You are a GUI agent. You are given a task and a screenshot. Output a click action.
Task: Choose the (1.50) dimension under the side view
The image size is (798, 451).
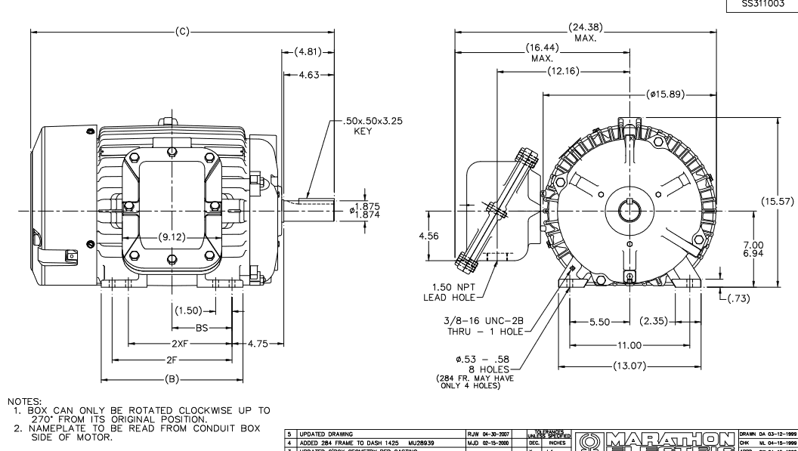(187, 310)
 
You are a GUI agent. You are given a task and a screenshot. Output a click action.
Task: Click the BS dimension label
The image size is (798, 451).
(201, 329)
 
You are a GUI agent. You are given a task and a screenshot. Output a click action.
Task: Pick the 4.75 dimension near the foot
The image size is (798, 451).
(260, 344)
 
